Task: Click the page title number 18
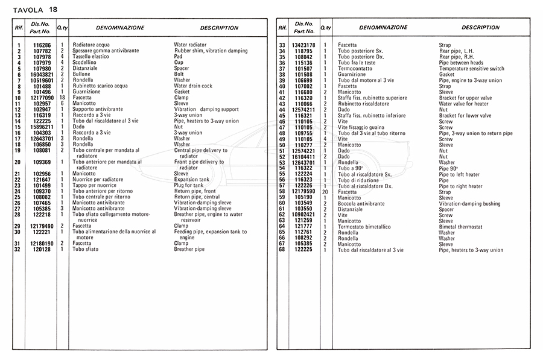(x=54, y=8)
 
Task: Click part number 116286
(x=42, y=45)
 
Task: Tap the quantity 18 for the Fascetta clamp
(x=62, y=97)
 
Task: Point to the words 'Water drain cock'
(x=193, y=86)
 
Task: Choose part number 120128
(x=42, y=249)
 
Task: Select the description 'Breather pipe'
(x=189, y=249)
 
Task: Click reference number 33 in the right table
(x=281, y=45)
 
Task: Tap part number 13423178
(x=305, y=45)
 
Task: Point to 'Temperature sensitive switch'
(x=471, y=69)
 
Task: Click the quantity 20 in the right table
(x=325, y=192)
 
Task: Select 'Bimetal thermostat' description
(x=460, y=226)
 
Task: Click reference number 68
(x=281, y=250)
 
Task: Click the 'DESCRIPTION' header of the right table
(x=480, y=28)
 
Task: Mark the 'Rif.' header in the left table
(x=19, y=28)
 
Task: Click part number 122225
(x=305, y=250)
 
